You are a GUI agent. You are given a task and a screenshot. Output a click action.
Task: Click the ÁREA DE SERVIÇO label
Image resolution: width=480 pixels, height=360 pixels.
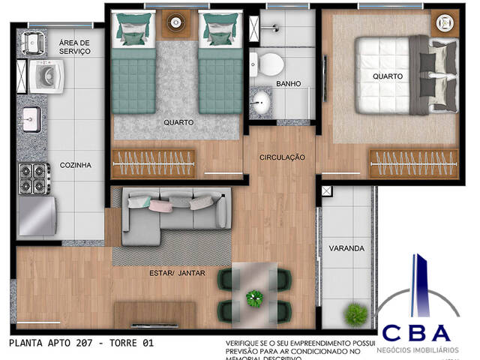pyautogui.click(x=74, y=47)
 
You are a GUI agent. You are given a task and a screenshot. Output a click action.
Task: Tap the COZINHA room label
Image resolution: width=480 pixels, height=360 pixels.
pyautogui.click(x=76, y=164)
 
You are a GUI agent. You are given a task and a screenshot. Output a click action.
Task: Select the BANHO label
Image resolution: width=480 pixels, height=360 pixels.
pyautogui.click(x=288, y=83)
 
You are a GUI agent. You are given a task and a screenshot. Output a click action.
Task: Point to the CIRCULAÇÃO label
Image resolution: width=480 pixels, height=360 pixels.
pyautogui.click(x=282, y=157)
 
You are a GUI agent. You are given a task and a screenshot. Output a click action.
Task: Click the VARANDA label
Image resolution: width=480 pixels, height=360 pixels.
pyautogui.click(x=347, y=248)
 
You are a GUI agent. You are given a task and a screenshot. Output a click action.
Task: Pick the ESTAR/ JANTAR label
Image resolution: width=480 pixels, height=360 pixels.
pyautogui.click(x=177, y=273)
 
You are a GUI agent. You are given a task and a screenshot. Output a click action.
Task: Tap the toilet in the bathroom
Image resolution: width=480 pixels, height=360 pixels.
pyautogui.click(x=267, y=61)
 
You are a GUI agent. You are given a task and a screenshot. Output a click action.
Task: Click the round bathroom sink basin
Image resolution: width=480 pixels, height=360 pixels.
pyautogui.click(x=262, y=103)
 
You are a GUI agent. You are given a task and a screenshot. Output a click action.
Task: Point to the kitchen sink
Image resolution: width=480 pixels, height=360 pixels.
pyautogui.click(x=31, y=118)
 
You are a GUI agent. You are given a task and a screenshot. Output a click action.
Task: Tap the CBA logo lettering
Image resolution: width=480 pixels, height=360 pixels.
pyautogui.click(x=416, y=331)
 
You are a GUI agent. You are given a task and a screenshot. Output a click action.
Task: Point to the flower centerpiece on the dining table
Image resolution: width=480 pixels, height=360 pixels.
pyautogui.click(x=253, y=299)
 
